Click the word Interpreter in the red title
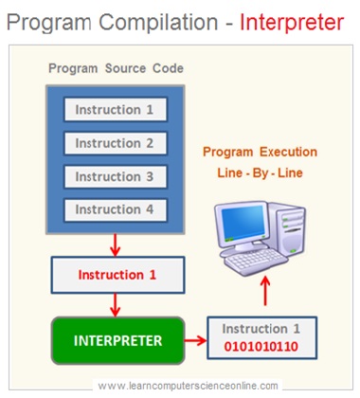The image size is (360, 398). coord(291,22)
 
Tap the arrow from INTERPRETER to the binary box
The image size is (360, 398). coord(196,338)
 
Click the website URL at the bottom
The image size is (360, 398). coord(188,386)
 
